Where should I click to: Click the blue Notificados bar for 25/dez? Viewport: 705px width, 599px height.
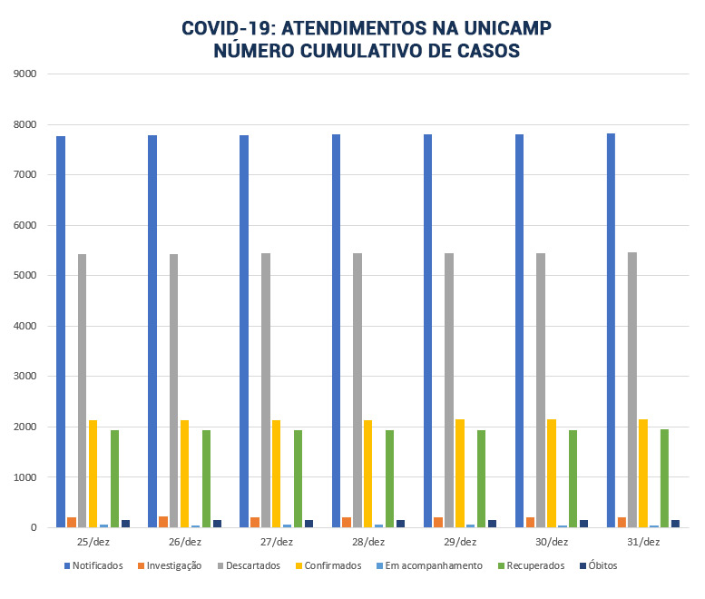click(x=61, y=331)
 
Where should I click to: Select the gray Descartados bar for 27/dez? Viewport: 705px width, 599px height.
click(x=266, y=390)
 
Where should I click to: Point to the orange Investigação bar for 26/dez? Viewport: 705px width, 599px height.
click(x=163, y=522)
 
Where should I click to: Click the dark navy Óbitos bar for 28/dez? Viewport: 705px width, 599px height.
click(x=401, y=524)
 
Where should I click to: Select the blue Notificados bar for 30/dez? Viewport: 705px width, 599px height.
click(x=520, y=330)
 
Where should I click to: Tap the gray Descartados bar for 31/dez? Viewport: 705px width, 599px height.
click(x=632, y=389)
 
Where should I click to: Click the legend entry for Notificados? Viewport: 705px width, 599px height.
click(x=93, y=566)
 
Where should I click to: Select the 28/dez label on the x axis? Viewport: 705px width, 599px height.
click(x=367, y=542)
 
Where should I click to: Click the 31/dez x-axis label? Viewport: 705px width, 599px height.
click(x=642, y=542)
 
